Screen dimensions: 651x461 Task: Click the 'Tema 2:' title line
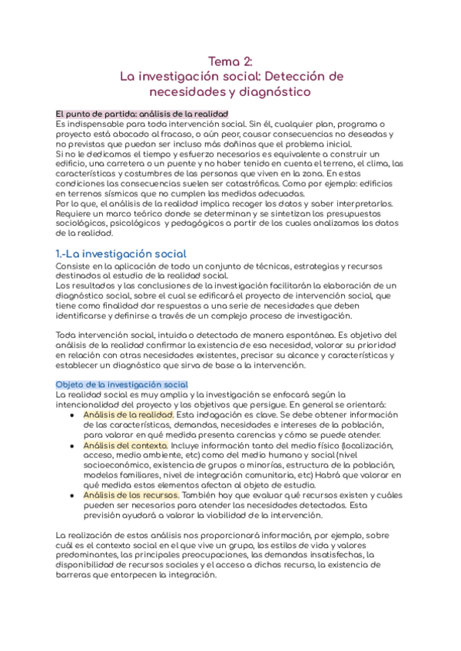(230, 61)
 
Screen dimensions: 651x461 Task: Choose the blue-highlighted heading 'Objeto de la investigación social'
(122, 384)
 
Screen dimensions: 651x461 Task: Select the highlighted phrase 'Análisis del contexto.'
(125, 444)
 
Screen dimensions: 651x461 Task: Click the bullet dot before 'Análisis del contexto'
(71, 445)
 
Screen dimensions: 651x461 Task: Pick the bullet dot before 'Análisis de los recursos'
(71, 496)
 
